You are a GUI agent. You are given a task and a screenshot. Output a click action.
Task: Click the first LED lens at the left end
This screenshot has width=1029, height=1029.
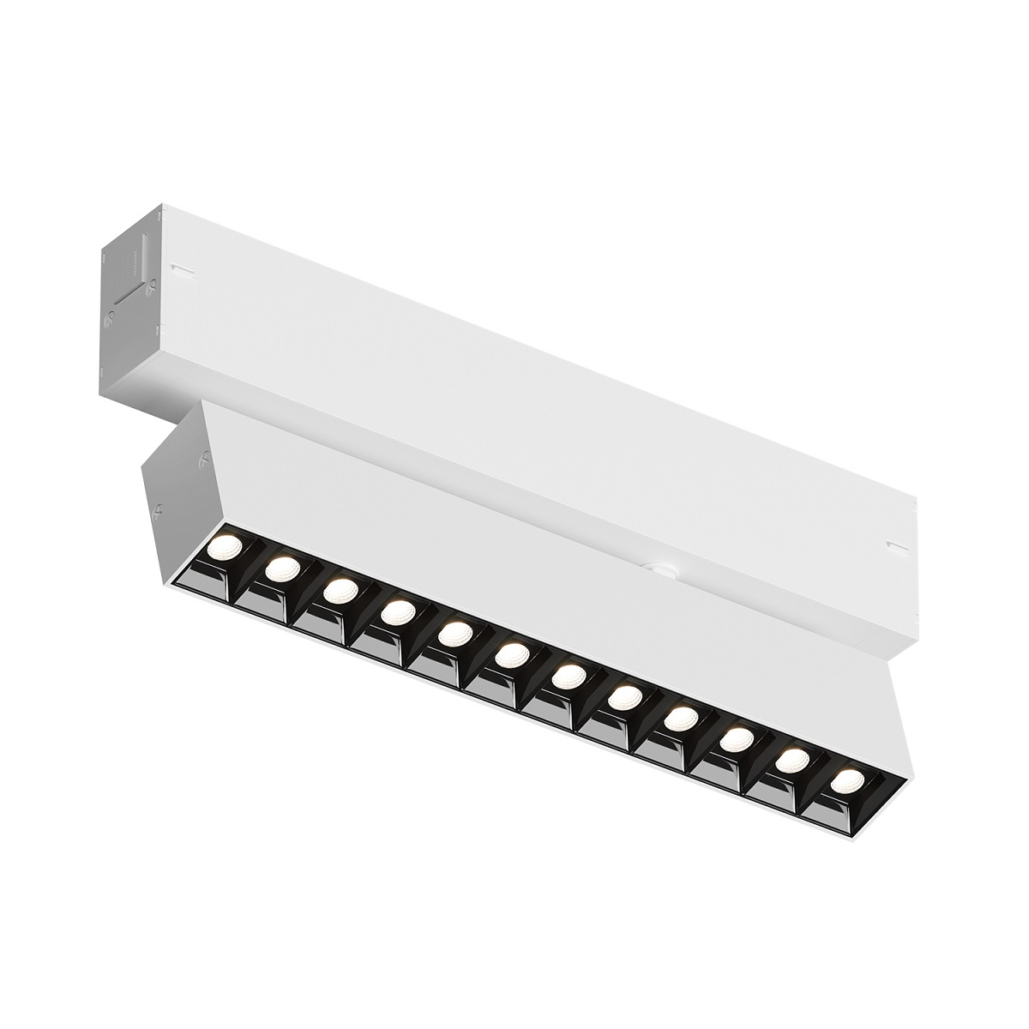227,547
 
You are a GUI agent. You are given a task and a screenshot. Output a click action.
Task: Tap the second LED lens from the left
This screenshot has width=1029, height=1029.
283,569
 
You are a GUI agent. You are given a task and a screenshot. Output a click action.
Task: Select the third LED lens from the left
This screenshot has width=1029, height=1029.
340,591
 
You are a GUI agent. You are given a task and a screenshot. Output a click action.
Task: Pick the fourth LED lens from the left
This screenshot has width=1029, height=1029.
397,612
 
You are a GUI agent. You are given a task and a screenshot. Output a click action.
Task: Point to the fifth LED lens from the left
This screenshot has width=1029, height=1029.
454,634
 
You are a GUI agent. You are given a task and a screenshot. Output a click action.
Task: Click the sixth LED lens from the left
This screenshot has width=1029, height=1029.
511,655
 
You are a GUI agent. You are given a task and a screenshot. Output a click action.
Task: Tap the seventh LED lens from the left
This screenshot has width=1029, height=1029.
567,677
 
